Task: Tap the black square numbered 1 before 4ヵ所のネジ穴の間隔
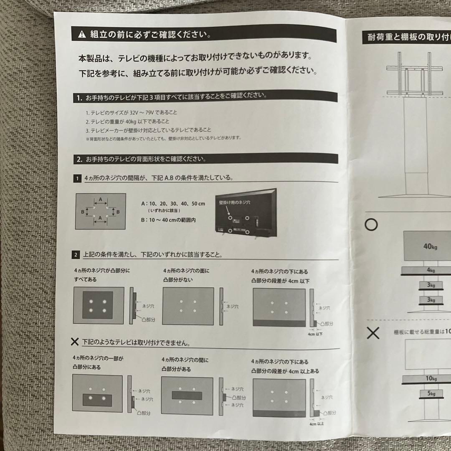coord(77,178)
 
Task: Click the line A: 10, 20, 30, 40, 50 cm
coord(173,204)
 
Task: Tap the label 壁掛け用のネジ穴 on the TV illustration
coord(234,203)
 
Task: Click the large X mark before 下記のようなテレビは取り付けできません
coord(75,342)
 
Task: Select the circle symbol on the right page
coord(371,225)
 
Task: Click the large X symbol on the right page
coord(373,333)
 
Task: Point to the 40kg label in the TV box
coord(430,246)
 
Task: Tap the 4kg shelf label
coord(431,271)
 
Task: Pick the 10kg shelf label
coord(431,378)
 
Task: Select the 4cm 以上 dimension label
coord(316,423)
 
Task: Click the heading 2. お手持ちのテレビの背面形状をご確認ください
coord(142,159)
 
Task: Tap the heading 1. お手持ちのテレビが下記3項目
coord(171,97)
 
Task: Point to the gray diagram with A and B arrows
coord(100,211)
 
